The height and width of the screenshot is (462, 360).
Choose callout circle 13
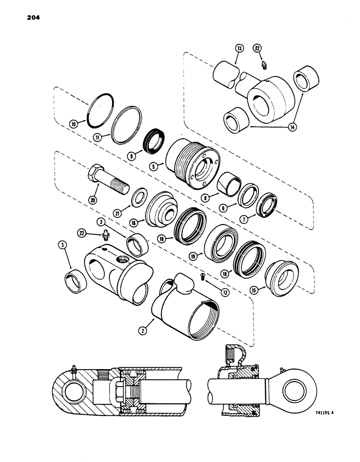239,48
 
